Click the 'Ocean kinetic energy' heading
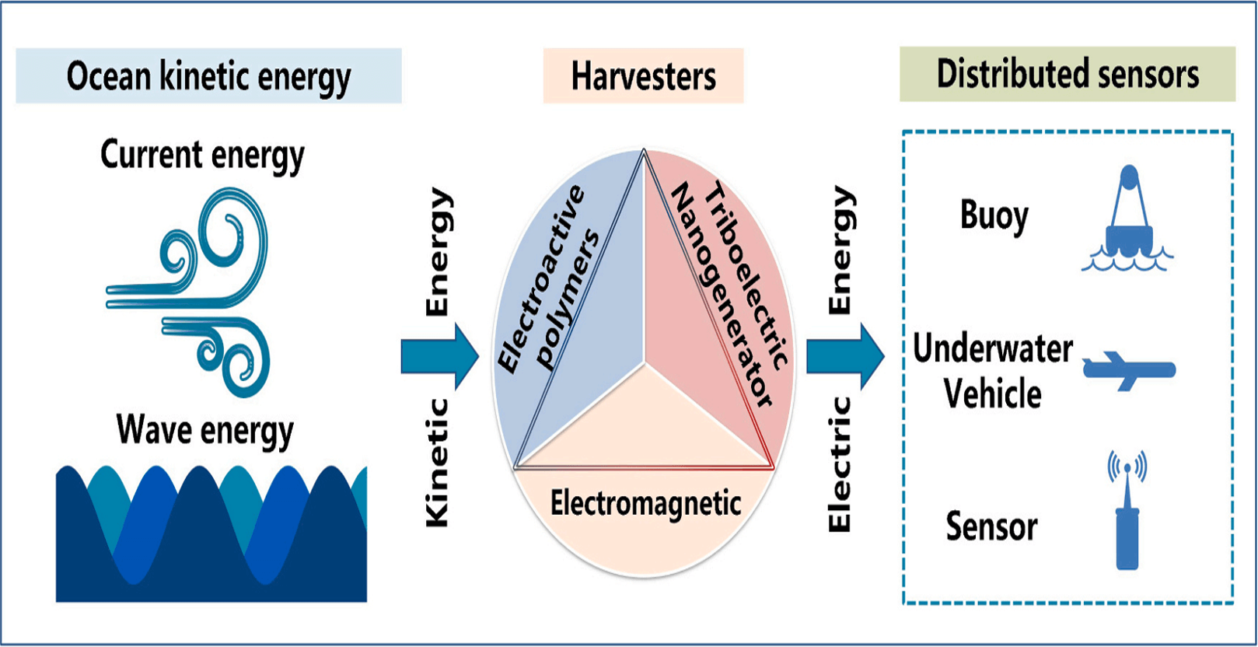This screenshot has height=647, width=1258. [208, 76]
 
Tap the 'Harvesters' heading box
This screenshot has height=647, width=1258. [643, 76]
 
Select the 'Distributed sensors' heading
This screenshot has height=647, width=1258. [1067, 75]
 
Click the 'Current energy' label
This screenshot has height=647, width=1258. [202, 155]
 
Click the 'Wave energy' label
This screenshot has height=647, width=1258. [205, 430]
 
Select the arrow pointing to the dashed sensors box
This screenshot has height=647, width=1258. [844, 356]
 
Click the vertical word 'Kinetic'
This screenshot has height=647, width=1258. [438, 463]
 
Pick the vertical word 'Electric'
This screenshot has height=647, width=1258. [840, 464]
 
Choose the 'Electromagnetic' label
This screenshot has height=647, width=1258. [645, 503]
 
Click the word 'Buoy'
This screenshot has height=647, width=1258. [994, 215]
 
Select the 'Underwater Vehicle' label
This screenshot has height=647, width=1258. [993, 371]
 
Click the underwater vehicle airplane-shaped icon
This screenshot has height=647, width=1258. [1129, 369]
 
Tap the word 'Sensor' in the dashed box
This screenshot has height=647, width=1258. [991, 527]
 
